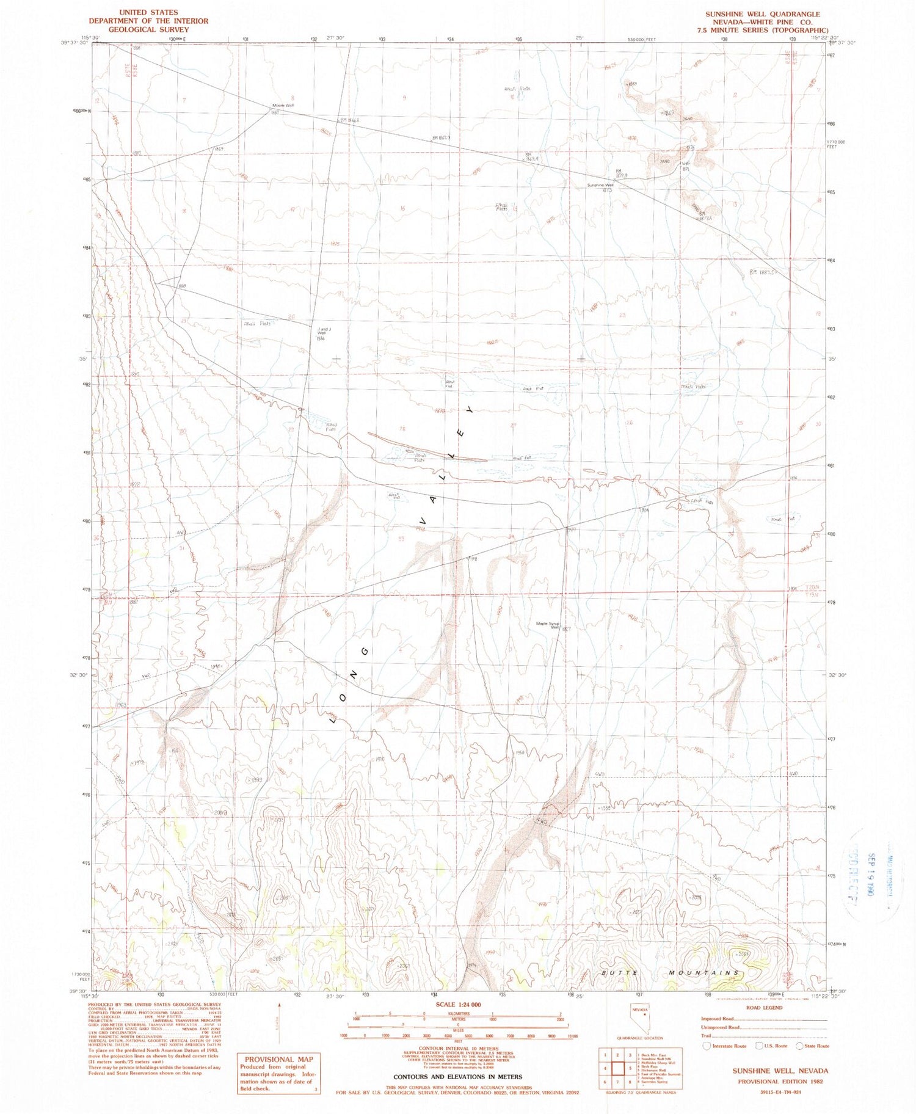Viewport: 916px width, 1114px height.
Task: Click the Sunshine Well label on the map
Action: (600, 185)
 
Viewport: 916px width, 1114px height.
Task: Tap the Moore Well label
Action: (283, 106)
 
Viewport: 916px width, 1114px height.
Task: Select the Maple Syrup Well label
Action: (548, 625)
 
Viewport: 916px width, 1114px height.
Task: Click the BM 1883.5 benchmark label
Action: (762, 272)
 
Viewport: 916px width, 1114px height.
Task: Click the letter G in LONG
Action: (365, 652)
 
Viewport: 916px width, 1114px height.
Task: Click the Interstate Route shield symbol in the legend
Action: (707, 1046)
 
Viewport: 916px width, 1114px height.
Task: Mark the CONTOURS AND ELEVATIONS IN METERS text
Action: (458, 1076)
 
